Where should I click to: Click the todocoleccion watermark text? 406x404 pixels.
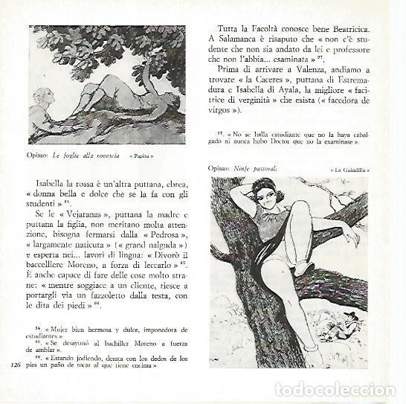pos(335,389)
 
